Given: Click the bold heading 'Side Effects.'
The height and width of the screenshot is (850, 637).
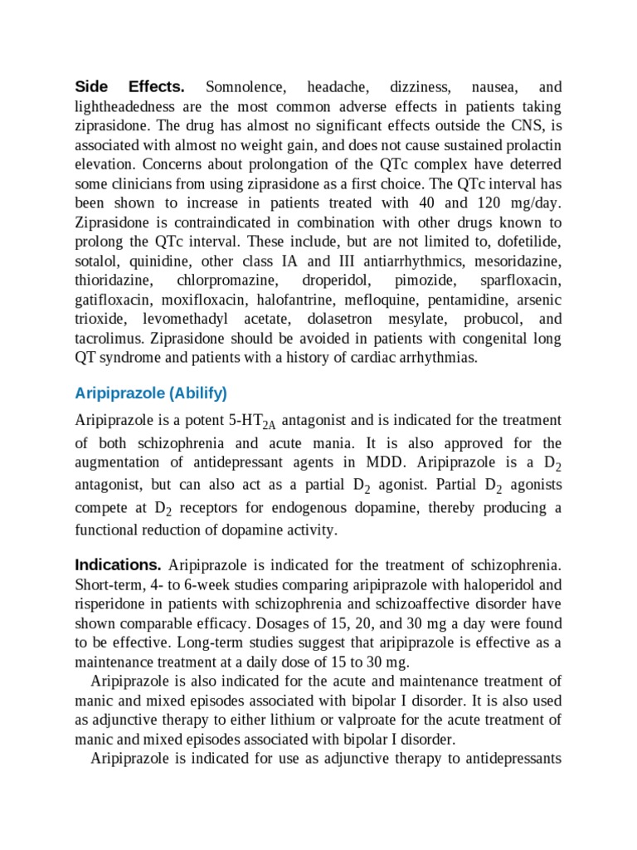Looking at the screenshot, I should (x=129, y=87).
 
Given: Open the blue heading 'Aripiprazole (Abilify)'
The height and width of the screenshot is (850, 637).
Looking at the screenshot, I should (x=150, y=393).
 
